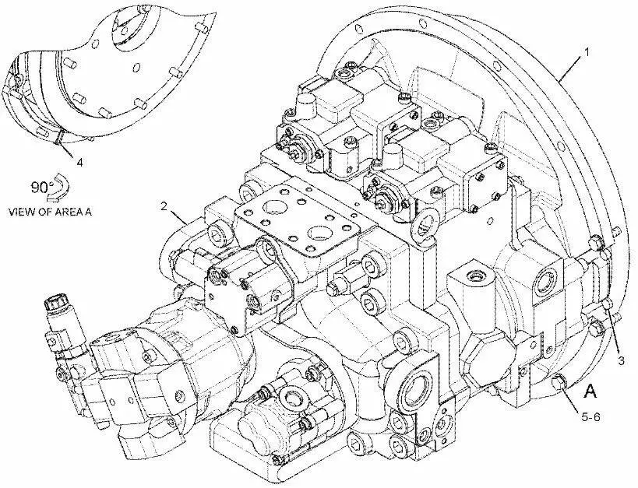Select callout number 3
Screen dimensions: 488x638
[x=621, y=360]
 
